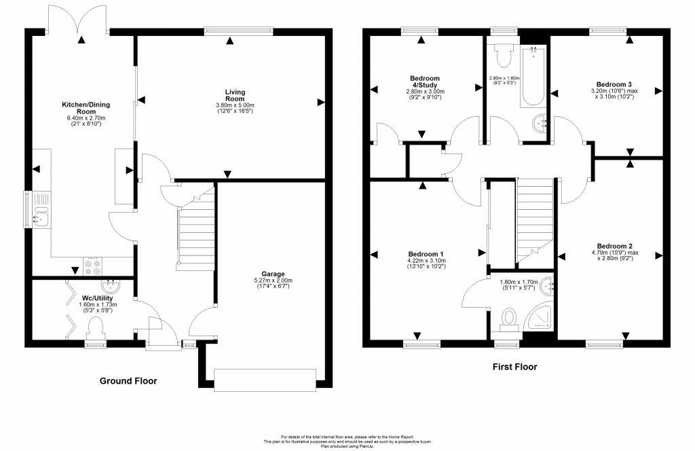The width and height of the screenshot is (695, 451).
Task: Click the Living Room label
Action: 236,96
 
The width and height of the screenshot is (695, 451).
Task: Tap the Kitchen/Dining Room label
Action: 86,109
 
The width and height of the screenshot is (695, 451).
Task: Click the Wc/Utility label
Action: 98,298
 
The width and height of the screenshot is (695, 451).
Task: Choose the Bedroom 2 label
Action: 615,246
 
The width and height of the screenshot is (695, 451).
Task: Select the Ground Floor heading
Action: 128,381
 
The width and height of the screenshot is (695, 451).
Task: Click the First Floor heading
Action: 514,367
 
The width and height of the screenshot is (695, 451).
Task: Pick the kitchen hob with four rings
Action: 92,266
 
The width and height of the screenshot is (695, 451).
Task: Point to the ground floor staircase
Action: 195,228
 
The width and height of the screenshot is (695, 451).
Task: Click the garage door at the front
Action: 265,377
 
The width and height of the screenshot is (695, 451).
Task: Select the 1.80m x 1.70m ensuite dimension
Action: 518,284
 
